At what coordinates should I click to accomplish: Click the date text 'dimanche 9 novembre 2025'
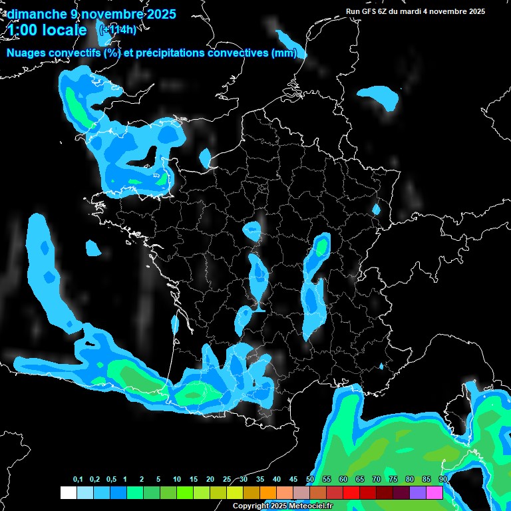[x=91, y=13]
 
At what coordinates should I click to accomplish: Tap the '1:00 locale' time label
[x=47, y=30]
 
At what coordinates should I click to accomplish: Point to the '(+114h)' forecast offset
[x=117, y=29]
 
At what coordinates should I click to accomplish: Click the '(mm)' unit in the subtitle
[x=283, y=53]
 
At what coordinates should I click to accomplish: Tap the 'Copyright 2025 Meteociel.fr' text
[x=282, y=506]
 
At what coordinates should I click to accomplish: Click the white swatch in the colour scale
[x=68, y=493]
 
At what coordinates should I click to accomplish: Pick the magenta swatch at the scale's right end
[x=434, y=493]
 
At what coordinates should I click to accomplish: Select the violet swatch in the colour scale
[x=418, y=493]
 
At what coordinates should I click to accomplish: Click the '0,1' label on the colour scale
[x=78, y=480]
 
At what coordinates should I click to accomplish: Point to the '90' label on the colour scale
[x=442, y=480]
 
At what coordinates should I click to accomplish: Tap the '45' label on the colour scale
[x=293, y=480]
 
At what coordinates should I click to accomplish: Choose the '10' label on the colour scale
[x=177, y=480]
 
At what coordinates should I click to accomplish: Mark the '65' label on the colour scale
[x=360, y=480]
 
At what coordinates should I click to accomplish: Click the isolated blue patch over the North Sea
[x=379, y=97]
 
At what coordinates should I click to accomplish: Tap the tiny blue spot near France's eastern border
[x=376, y=209]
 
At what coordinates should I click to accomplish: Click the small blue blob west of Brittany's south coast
[x=93, y=248]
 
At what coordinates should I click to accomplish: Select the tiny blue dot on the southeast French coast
[x=381, y=366]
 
